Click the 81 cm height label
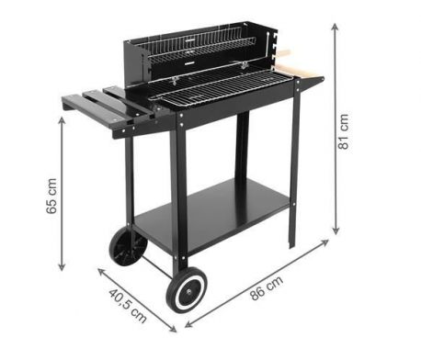pos(343,131)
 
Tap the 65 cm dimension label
pos(51,196)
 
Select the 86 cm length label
pos(266,288)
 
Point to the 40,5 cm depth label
pos(128,306)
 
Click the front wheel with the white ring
pos(187,290)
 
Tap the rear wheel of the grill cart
pos(129,246)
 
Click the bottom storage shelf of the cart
pos(211,214)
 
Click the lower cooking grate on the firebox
pos(221,88)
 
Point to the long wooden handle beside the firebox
pos(302,71)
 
